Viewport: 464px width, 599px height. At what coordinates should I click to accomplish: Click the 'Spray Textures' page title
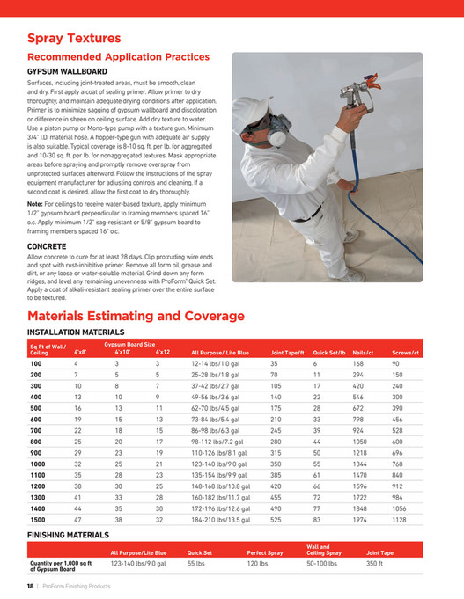pyautogui.click(x=74, y=39)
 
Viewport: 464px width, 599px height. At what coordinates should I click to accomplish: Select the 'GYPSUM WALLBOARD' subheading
pyautogui.click(x=67, y=70)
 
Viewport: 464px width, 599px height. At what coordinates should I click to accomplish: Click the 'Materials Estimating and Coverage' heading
pyautogui.click(x=136, y=316)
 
